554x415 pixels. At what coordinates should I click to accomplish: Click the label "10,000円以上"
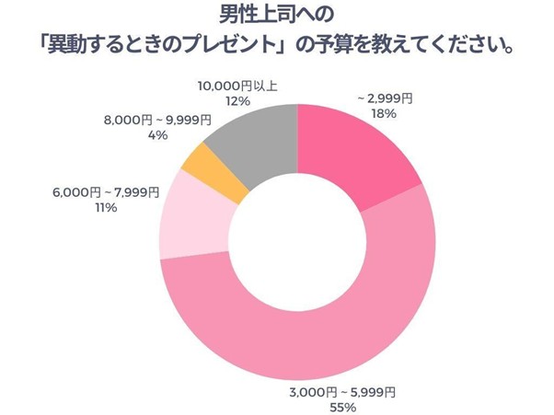[238, 86]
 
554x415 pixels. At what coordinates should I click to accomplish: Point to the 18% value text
[384, 114]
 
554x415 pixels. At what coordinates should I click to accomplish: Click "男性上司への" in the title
[276, 15]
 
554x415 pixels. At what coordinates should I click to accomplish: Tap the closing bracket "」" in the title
[284, 43]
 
